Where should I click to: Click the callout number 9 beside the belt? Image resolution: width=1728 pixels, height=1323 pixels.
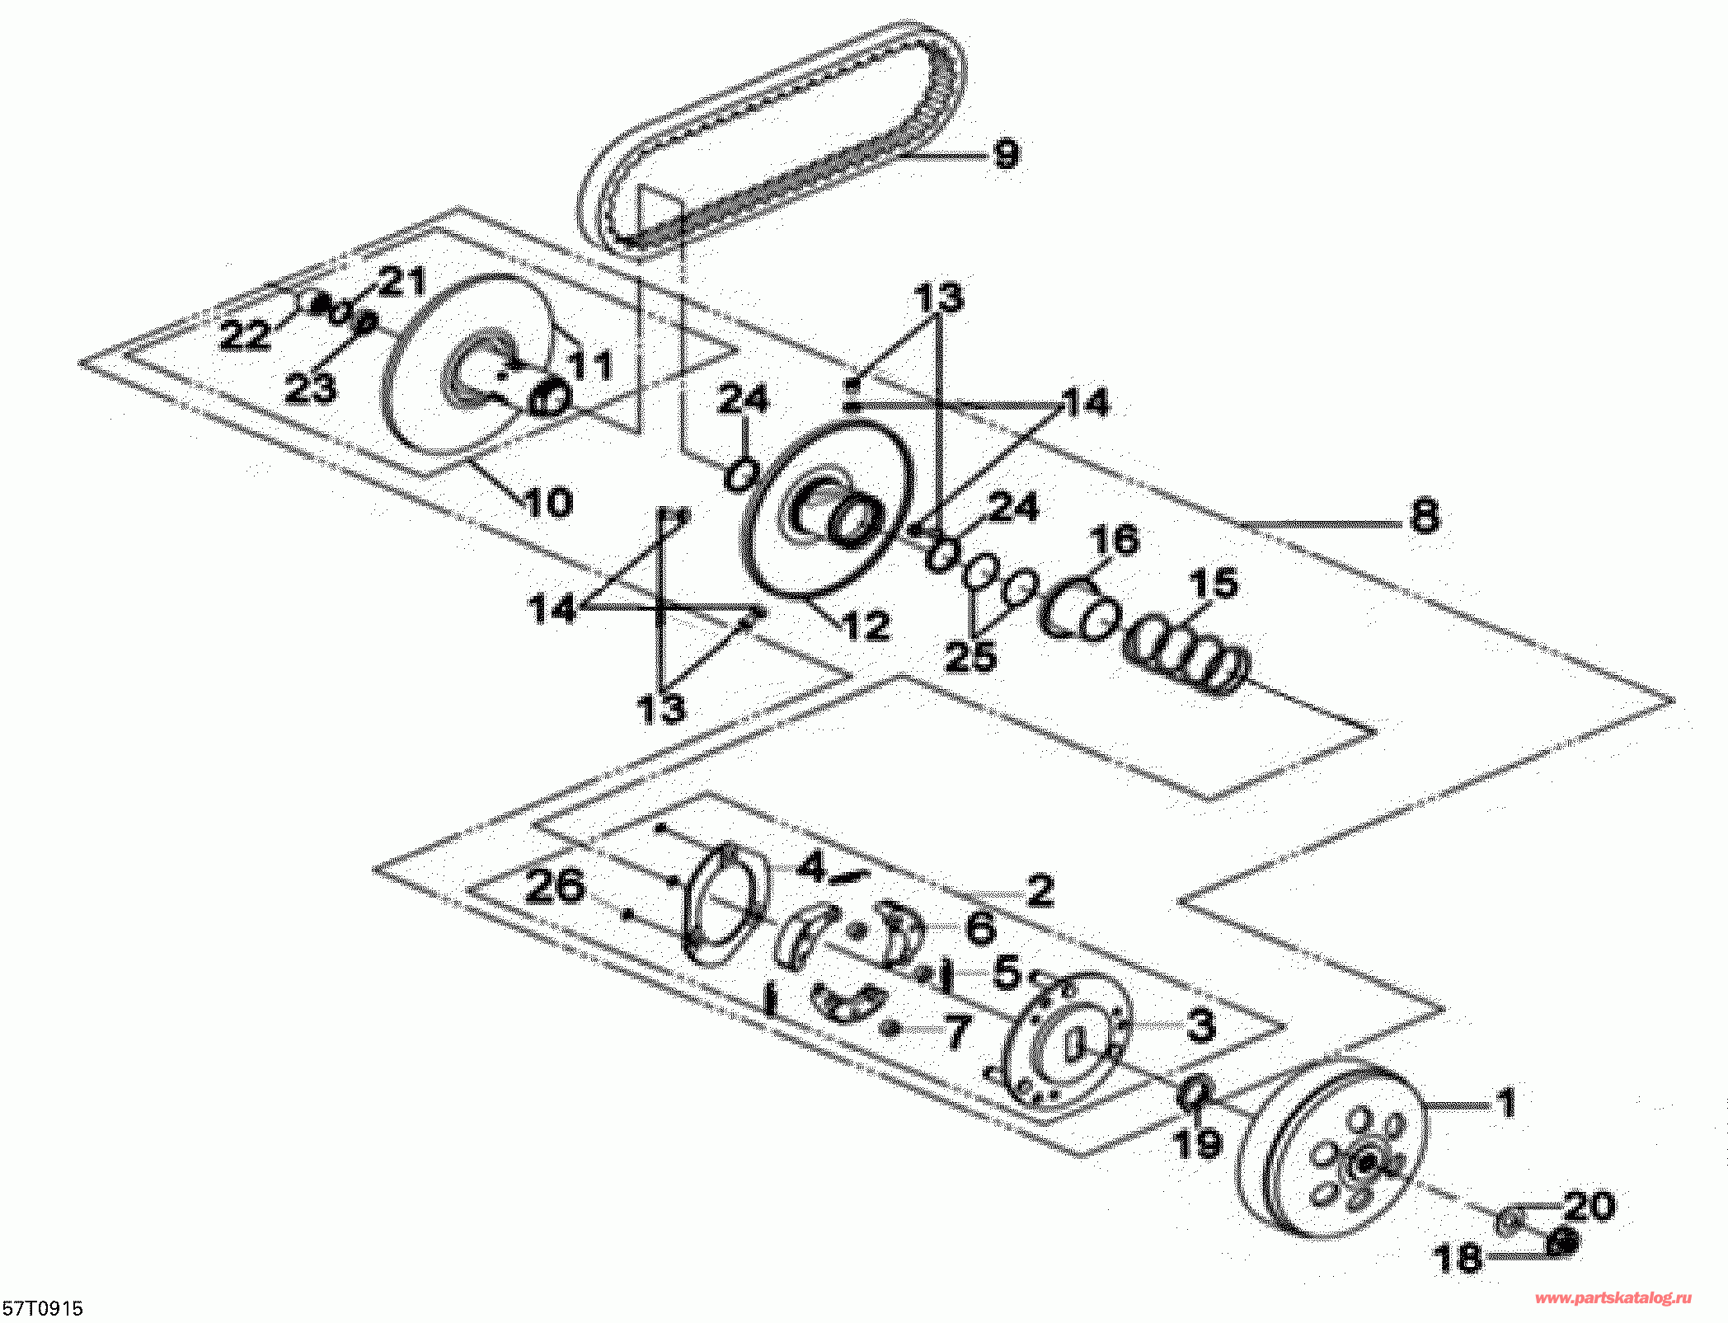click(1006, 154)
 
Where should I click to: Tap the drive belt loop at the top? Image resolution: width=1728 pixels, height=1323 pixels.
click(775, 132)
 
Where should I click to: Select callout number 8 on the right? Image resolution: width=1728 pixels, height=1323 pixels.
click(1425, 517)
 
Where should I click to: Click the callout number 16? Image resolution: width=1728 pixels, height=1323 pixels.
click(1115, 540)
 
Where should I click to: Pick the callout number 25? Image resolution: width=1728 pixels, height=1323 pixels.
click(970, 657)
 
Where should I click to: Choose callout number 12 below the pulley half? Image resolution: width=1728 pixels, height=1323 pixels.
click(867, 626)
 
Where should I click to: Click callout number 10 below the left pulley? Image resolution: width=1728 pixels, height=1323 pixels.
click(549, 503)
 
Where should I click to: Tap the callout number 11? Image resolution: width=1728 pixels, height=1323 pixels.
click(591, 365)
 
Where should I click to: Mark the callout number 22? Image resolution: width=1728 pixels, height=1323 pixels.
click(245, 335)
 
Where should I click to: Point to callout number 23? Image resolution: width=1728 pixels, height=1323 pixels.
click(310, 387)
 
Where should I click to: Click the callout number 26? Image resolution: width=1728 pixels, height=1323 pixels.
click(555, 886)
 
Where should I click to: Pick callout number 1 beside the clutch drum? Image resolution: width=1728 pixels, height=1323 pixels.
click(1505, 1103)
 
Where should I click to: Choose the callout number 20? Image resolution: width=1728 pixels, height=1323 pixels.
click(1589, 1206)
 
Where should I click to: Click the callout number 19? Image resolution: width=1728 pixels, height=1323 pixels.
click(1198, 1143)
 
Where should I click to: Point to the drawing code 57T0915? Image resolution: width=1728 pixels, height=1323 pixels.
click(43, 1308)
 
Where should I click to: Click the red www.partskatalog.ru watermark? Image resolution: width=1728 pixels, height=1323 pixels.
click(1613, 1298)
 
